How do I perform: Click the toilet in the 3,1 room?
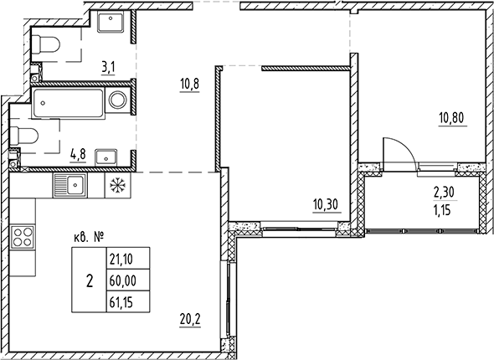coord(45,44)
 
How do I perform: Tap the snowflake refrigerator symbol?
coord(116,184)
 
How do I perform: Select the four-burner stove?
coord(23,237)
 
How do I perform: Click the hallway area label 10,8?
coord(189,84)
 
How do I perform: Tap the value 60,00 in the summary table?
coord(121,278)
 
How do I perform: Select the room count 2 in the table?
coord(89,279)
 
